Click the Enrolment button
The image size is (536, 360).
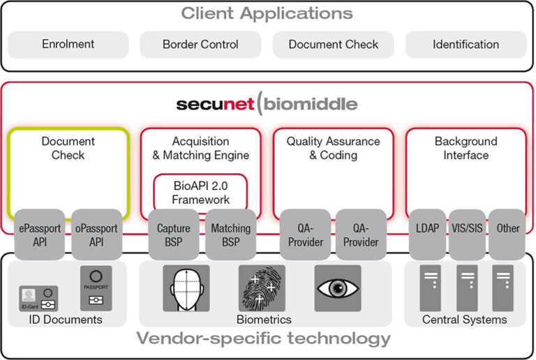[68, 44]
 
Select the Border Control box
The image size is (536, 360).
[200, 44]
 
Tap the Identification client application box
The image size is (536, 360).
[466, 44]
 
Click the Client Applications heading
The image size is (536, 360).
[267, 13]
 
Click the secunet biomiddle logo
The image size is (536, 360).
[267, 105]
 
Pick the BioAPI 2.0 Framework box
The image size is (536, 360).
[201, 191]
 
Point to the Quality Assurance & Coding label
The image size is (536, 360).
[333, 148]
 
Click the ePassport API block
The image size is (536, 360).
[39, 234]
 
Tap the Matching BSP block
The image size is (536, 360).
[230, 234]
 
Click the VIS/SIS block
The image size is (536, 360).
[466, 228]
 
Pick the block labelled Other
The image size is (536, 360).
[507, 228]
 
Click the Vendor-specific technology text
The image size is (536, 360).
[263, 339]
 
